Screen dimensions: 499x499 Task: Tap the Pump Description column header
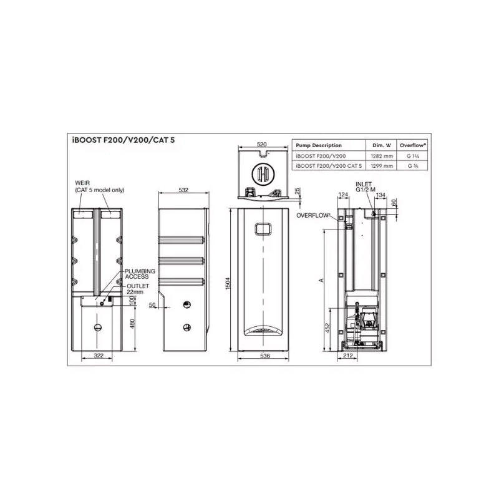pyautogui.click(x=319, y=145)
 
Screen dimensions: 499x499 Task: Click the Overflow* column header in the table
pyautogui.click(x=412, y=145)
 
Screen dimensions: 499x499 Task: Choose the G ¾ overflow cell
pyautogui.click(x=412, y=166)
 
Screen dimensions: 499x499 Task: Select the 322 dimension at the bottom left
pyautogui.click(x=97, y=356)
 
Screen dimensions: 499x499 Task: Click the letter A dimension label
pyautogui.click(x=321, y=281)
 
